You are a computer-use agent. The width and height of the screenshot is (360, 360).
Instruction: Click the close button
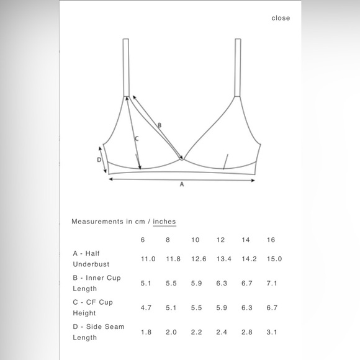point(281,18)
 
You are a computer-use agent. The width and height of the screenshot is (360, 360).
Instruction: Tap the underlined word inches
point(164,221)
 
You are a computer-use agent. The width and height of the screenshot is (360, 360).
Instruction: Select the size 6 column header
point(142,240)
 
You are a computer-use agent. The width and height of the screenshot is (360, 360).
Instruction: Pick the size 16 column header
point(271,240)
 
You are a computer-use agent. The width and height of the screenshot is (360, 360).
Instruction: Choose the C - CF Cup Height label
point(92,307)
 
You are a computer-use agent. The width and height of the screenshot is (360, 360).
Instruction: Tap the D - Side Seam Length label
point(98,332)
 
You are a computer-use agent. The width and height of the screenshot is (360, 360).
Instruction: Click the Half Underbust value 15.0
point(274,259)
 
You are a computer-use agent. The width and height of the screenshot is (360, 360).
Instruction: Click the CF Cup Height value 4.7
point(145,307)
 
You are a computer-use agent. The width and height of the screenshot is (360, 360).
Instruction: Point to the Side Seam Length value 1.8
point(145,332)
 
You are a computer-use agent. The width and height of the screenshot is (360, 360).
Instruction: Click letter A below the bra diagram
point(182,184)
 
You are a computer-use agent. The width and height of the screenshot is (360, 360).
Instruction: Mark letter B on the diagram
point(159,126)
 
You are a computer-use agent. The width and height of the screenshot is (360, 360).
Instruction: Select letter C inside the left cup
point(136,139)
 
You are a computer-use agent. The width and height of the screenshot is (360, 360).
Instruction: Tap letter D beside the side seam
point(99,160)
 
